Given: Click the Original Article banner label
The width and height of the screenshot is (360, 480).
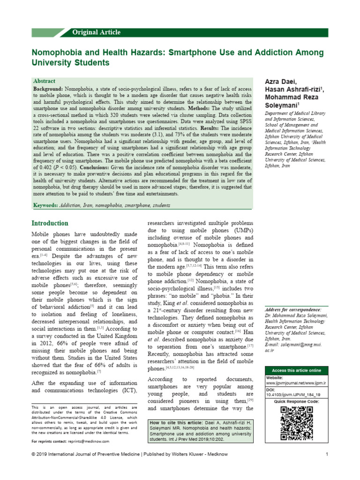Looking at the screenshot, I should [96, 32].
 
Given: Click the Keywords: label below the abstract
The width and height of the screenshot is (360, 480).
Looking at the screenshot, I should [45, 206].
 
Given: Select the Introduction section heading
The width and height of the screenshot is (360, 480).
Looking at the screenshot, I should [50, 223].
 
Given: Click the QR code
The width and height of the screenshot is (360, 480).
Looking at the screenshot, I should [296, 423].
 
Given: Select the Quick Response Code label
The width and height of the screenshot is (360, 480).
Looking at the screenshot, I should [296, 402].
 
